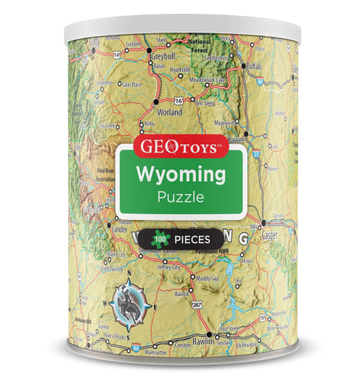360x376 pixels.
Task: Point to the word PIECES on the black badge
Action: [192, 237]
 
